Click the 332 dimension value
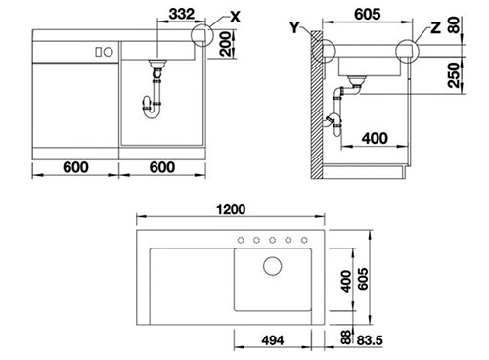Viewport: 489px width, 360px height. [x=182, y=14]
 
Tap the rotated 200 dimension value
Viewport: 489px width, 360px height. [x=225, y=44]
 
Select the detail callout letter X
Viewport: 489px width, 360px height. [x=235, y=17]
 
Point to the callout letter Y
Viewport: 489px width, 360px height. [x=294, y=27]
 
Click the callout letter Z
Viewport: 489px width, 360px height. [x=436, y=28]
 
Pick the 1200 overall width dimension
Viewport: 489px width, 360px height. [x=231, y=209]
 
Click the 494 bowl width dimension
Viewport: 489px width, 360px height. [x=273, y=340]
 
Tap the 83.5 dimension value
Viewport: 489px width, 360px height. [x=370, y=340]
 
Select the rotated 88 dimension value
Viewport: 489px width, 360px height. [x=346, y=337]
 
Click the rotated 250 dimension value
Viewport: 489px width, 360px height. [x=454, y=75]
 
